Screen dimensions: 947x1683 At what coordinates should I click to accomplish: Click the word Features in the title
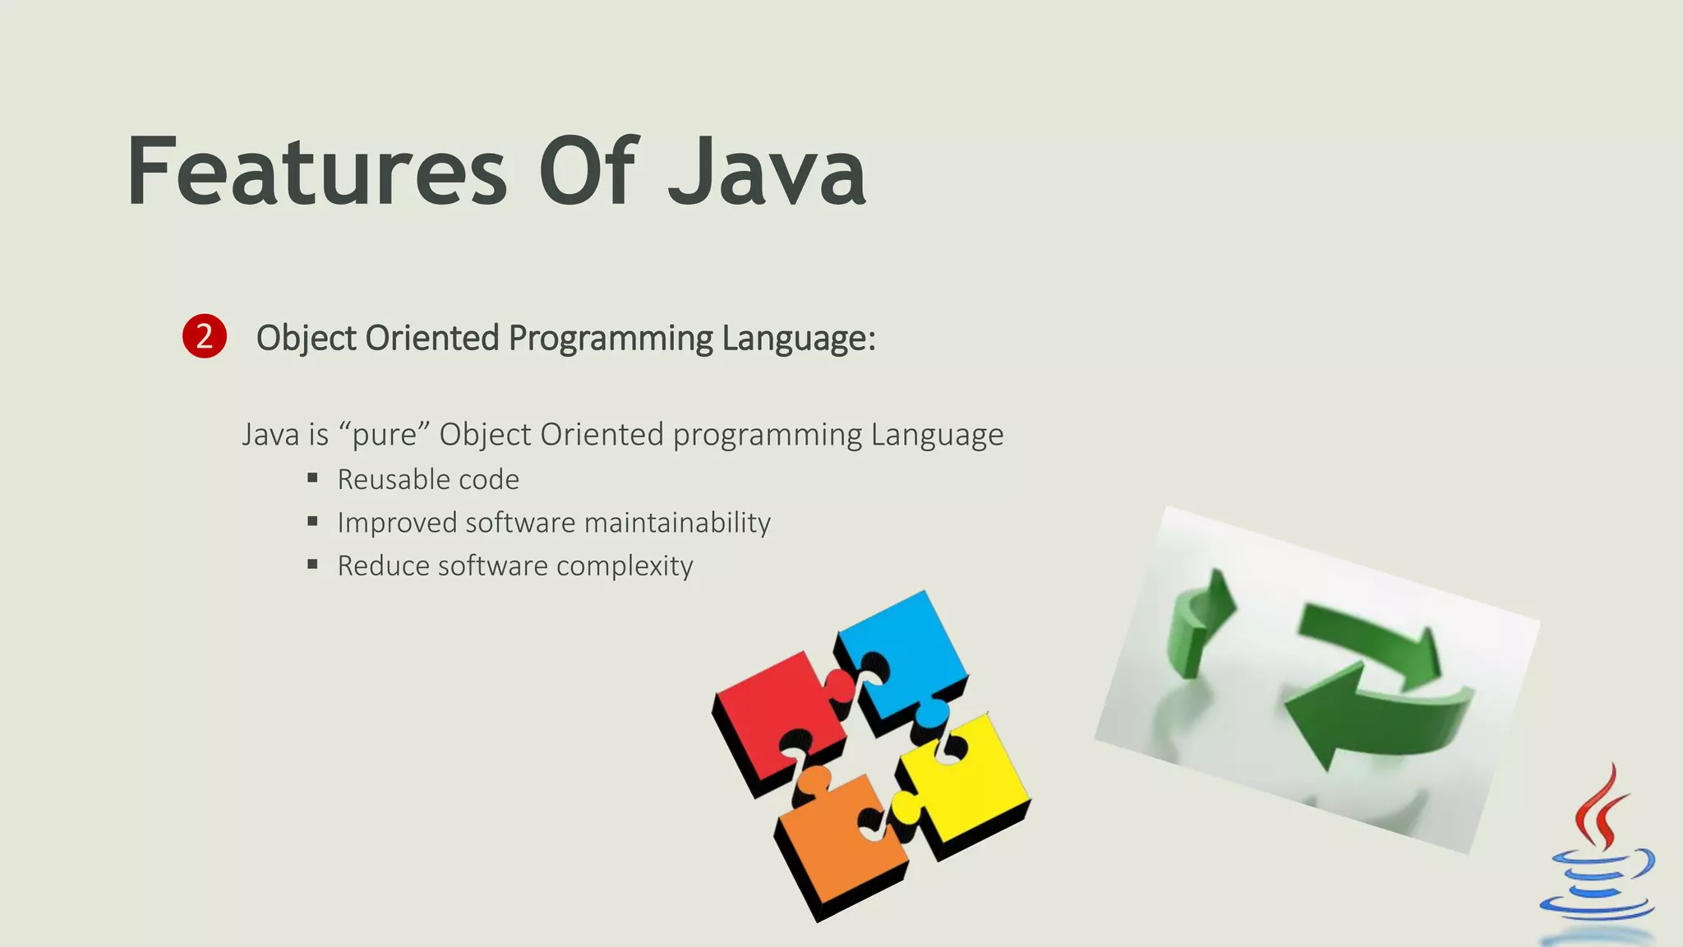[x=317, y=172]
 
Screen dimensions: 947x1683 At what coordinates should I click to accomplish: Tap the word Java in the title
[x=767, y=172]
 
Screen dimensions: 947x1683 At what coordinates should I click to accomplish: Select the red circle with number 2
[x=204, y=336]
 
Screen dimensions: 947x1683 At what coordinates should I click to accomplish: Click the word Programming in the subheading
[x=611, y=339]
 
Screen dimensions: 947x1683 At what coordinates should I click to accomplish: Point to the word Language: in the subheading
[x=799, y=339]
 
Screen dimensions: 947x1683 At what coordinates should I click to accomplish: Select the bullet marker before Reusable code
[x=312, y=478]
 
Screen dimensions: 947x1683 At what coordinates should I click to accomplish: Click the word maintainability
[x=677, y=523]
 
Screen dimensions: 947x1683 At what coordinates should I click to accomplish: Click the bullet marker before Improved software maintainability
[x=312, y=521]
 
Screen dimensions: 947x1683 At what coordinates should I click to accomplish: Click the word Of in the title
[x=588, y=172]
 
